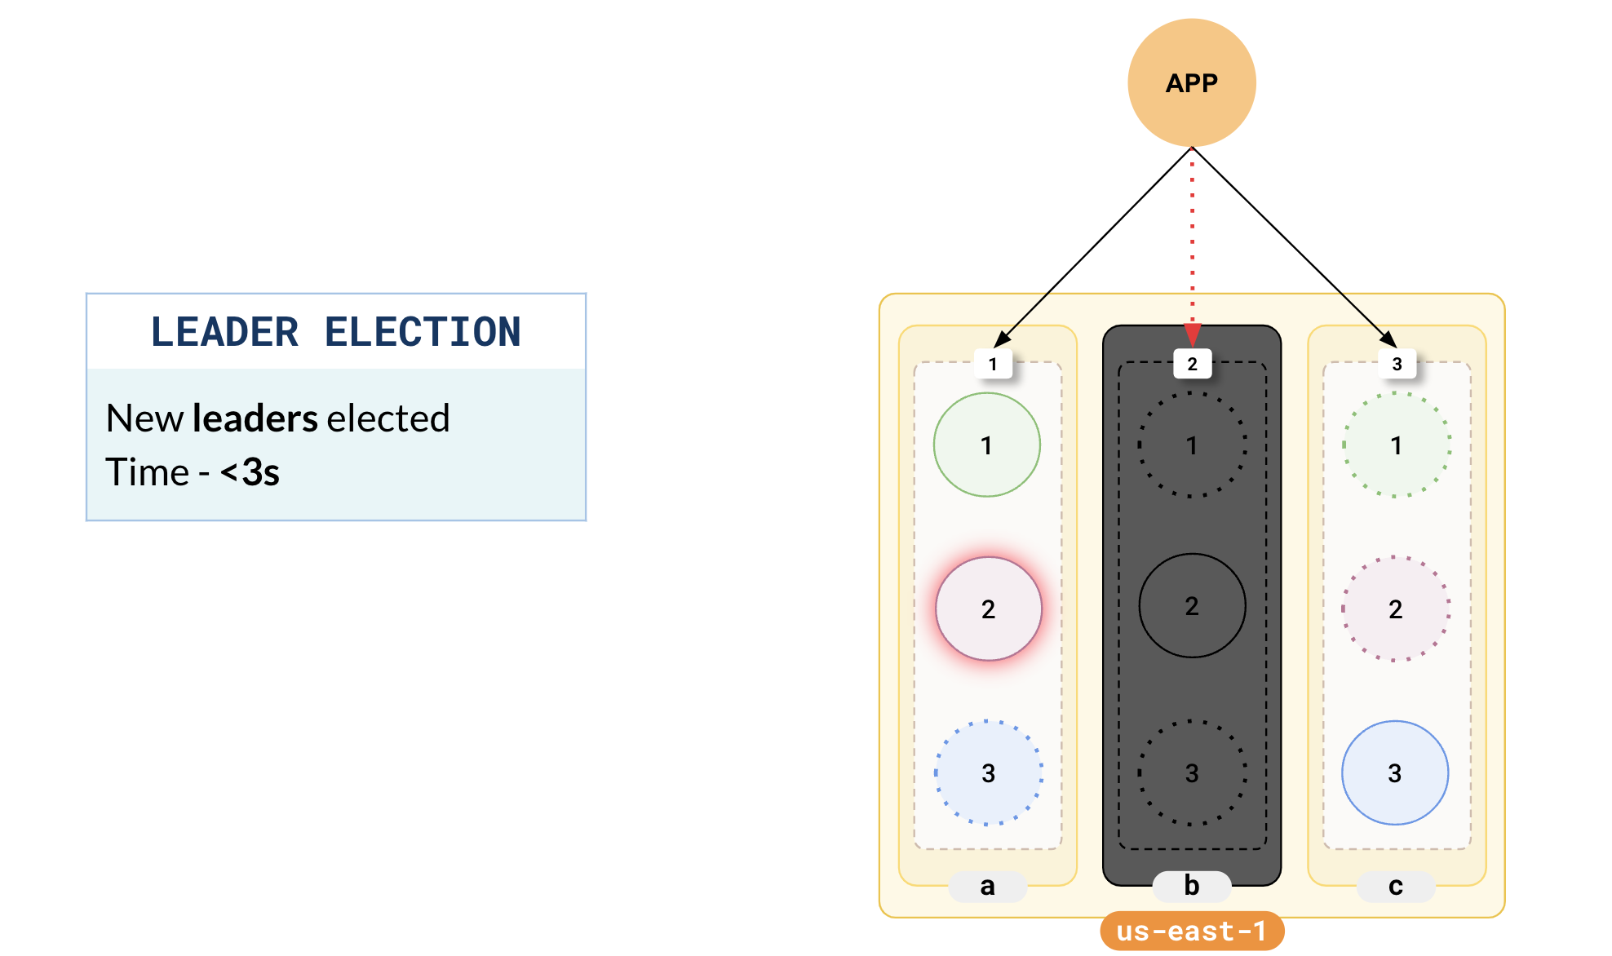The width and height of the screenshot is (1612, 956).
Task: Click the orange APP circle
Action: (1191, 82)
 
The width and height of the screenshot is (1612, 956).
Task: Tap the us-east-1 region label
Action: (1191, 931)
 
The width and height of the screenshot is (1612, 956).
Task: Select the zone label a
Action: (987, 886)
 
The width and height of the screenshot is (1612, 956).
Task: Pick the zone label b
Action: (1191, 886)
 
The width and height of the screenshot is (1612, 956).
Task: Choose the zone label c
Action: (1396, 886)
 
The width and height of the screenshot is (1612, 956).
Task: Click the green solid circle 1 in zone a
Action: (987, 445)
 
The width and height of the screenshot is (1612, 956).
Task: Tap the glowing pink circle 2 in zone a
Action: (988, 609)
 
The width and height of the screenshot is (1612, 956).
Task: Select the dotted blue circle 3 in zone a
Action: (988, 772)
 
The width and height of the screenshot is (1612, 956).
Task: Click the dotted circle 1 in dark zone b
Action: (1192, 445)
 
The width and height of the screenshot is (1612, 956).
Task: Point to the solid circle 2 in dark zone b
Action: (1192, 605)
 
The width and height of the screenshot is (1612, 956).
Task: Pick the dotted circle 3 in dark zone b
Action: (1192, 772)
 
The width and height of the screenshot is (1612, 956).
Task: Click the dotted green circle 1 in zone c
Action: (1397, 445)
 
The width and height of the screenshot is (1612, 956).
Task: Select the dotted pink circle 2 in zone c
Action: (1396, 609)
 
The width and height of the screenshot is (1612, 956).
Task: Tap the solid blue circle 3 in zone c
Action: (1395, 772)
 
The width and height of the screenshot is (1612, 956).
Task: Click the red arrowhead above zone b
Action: (1192, 334)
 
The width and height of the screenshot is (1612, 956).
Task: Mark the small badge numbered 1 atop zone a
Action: (993, 364)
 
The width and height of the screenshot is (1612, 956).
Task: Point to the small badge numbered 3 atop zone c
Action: (1397, 364)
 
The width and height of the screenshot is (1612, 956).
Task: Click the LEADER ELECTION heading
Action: (335, 332)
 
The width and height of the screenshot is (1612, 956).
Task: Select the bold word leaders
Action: (255, 418)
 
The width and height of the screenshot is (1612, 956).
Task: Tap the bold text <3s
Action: (250, 472)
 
